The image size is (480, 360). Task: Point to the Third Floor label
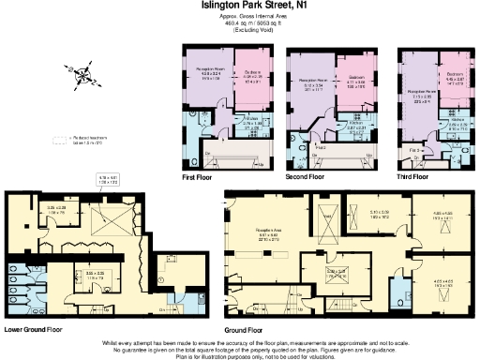pyautogui.click(x=413, y=175)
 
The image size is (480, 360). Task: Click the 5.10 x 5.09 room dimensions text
pyautogui.click(x=380, y=214)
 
